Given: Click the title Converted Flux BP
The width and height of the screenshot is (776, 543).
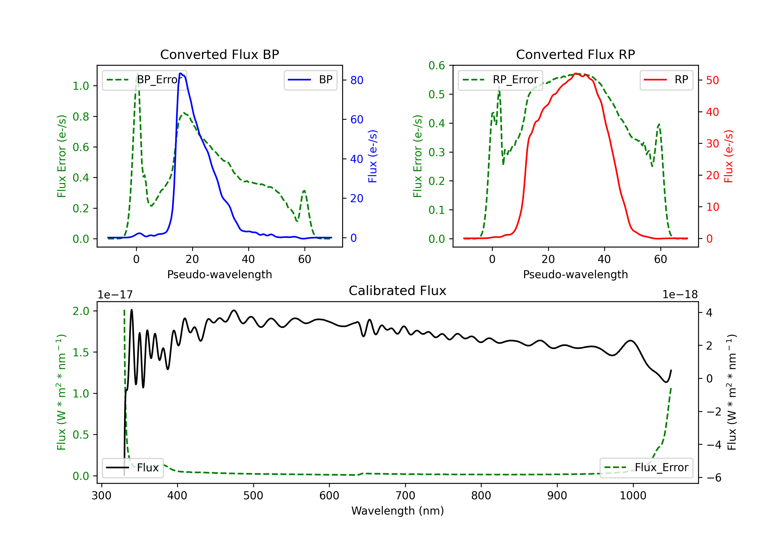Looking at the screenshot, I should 219,54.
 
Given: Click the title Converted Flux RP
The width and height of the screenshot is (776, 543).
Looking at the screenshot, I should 575,54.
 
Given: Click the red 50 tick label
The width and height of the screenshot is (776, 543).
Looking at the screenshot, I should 712,80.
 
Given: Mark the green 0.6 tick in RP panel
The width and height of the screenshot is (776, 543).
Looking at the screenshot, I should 437,66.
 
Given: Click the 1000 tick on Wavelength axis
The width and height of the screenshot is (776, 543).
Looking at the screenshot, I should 633,496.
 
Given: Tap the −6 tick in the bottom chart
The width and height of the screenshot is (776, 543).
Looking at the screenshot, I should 714,477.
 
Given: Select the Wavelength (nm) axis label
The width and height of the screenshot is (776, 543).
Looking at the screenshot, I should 398,511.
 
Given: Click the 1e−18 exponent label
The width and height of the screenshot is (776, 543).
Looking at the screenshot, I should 680,295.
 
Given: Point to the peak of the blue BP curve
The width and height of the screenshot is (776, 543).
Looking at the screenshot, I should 181,73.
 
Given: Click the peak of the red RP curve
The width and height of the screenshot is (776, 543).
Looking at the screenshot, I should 576,73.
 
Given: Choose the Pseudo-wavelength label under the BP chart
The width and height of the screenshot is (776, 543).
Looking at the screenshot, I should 219,274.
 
